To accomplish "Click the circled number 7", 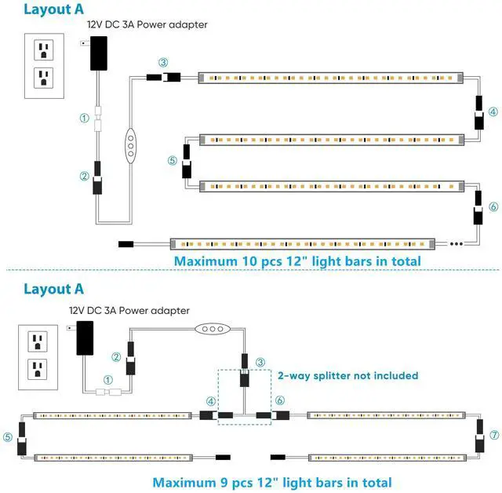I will point(493,434).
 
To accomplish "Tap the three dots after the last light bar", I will point(457,244).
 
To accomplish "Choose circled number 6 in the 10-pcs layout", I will point(493,206).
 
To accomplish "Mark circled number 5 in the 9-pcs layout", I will point(9,436).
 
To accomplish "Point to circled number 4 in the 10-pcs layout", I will point(493,111).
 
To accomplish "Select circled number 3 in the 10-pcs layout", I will point(162,62).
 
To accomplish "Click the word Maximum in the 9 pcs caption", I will point(185,482).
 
